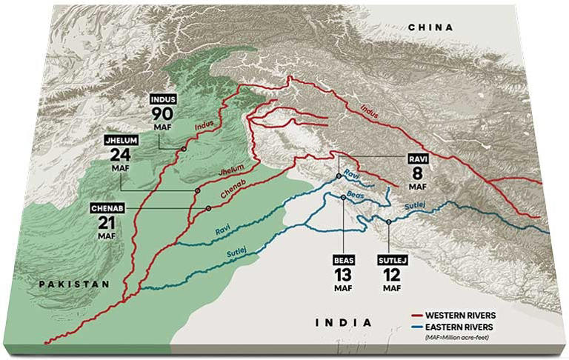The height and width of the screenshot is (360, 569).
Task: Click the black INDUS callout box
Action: point(163,99)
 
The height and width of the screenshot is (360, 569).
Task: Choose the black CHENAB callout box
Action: point(106,207)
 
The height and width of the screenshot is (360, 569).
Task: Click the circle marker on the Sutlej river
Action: point(388,221)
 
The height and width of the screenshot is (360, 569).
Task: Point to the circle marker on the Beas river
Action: point(343,196)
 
